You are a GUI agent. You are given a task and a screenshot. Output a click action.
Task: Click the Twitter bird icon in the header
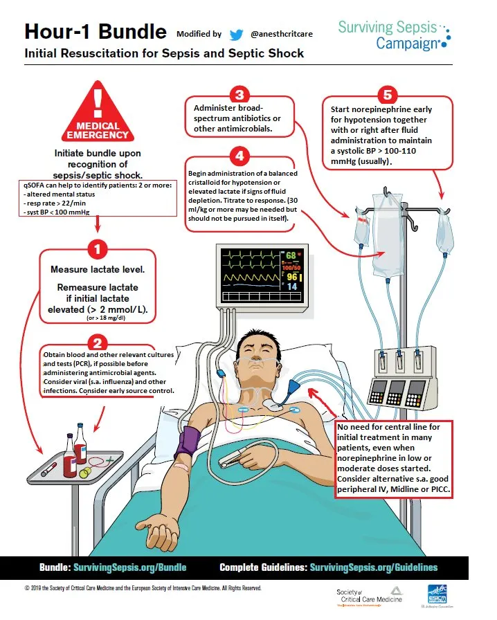pyautogui.click(x=237, y=33)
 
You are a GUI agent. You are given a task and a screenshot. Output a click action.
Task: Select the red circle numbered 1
pyautogui.click(x=98, y=248)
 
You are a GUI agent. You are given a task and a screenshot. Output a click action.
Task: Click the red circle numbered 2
pyautogui.click(x=98, y=343)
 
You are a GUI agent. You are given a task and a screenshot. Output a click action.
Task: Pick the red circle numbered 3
pyautogui.click(x=239, y=95)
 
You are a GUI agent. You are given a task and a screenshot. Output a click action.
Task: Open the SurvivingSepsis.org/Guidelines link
pyautogui.click(x=373, y=567)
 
